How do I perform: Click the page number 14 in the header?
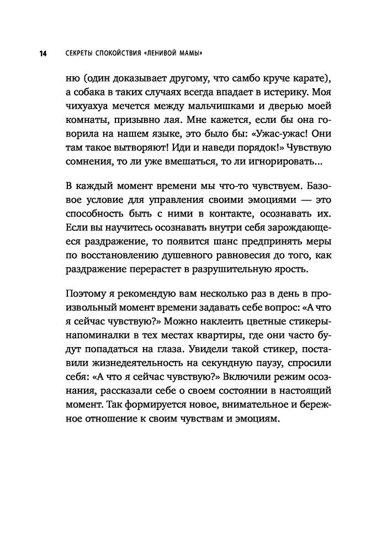[x=42, y=53]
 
